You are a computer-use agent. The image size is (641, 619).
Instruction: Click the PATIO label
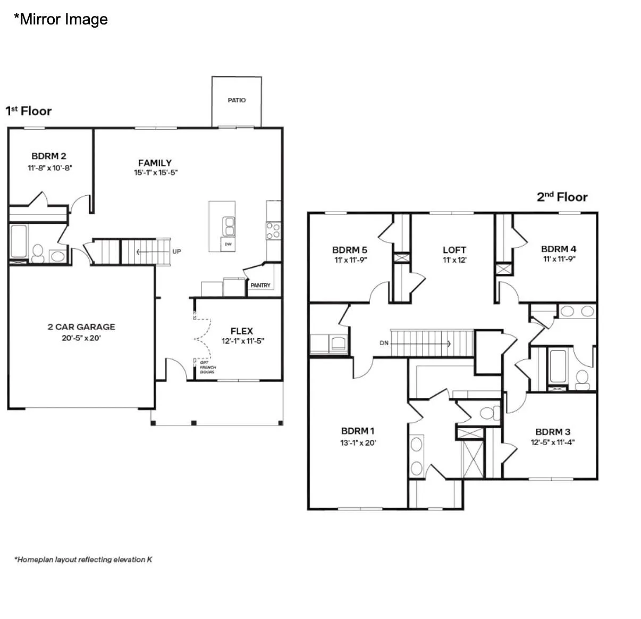237,100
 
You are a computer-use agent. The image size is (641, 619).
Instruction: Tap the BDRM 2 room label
49,156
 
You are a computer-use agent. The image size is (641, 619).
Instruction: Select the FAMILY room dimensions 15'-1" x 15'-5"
156,172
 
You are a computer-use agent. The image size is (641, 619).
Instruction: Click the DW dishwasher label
228,244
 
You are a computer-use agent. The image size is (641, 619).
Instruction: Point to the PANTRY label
260,285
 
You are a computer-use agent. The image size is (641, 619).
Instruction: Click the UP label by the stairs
176,252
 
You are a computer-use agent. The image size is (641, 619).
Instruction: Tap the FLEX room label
242,331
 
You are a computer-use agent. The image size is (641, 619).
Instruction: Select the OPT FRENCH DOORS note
208,367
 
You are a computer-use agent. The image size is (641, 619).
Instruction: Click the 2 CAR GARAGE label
81,327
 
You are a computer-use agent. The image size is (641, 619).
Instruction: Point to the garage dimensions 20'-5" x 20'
81,338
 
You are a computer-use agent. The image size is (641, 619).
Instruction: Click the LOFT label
454,250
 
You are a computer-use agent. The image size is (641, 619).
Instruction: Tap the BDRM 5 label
350,250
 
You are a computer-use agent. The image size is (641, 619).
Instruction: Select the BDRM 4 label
559,249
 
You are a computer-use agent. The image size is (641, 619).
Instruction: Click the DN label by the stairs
384,343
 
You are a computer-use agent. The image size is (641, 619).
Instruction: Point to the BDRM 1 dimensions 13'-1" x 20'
358,442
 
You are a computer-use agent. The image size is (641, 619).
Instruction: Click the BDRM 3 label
553,432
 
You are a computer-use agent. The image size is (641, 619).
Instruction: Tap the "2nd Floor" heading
562,197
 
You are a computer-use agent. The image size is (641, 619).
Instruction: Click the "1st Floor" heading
29,111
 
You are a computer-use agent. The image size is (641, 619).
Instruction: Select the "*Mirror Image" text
61,19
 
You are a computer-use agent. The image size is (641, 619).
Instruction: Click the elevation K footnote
83,559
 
